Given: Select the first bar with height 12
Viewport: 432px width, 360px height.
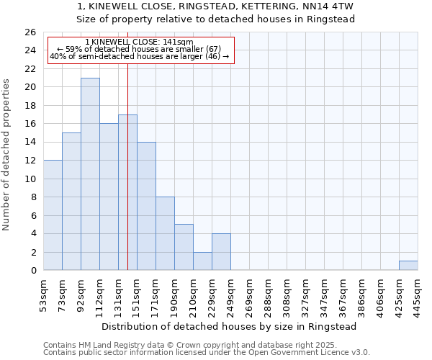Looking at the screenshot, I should (53, 215).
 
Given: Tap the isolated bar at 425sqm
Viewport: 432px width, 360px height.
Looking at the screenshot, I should (408, 266).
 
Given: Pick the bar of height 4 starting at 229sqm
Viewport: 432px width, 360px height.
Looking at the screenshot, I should (221, 252).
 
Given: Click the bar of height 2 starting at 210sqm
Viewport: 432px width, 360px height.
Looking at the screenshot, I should (202, 261).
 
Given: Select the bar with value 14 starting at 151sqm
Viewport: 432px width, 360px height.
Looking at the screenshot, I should (146, 206).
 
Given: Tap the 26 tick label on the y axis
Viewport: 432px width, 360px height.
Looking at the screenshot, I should (30, 32).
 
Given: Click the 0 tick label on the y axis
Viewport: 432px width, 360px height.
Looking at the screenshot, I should (33, 271).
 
